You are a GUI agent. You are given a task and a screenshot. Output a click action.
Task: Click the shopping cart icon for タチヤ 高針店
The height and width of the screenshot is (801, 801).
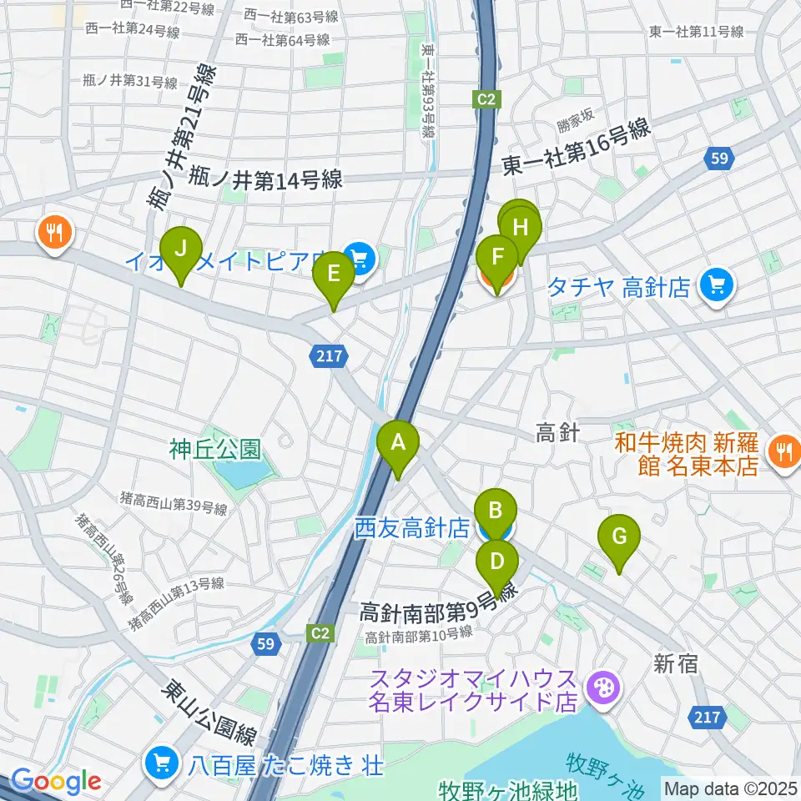tap(716, 286)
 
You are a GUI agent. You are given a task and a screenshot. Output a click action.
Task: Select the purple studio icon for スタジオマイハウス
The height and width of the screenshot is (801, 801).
tap(599, 688)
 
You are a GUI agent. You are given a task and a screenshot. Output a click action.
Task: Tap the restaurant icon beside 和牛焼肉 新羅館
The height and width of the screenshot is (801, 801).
tap(783, 451)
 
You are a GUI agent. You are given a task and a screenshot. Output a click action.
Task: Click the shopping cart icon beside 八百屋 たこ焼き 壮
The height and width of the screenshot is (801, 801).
tap(159, 762)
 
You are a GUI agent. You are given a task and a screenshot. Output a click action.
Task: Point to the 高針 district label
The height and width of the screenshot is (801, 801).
tap(557, 433)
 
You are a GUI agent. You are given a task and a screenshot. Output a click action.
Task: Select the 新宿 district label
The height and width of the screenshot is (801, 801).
tap(676, 663)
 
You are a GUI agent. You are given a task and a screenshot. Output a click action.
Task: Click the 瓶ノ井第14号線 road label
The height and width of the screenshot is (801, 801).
tap(265, 179)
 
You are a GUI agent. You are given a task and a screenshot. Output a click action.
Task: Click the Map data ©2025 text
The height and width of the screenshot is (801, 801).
tap(730, 787)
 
